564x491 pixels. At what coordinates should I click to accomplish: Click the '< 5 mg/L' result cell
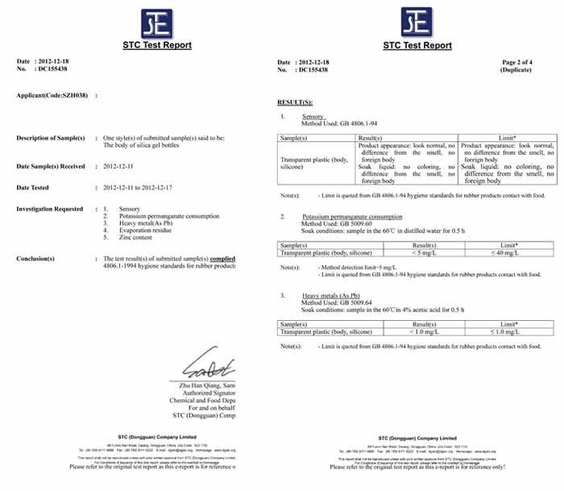click(407, 252)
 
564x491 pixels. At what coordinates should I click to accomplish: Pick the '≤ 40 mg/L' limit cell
click(508, 252)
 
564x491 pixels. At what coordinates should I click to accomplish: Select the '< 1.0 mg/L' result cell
click(407, 331)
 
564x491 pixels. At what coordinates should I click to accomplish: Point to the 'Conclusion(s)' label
click(35, 258)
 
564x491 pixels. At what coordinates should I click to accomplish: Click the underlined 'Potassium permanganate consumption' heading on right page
click(352, 217)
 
